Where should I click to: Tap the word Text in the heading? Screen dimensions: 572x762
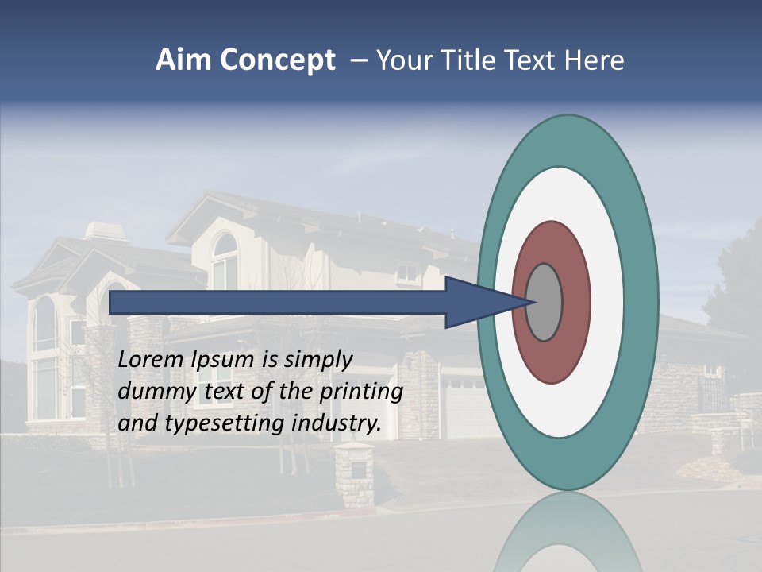tap(533, 60)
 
